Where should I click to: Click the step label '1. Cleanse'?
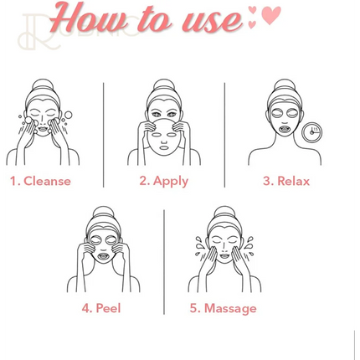click(40, 181)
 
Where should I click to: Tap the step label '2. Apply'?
click(164, 182)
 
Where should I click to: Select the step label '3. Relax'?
click(286, 181)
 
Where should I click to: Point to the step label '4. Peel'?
click(101, 308)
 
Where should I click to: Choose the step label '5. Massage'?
click(223, 309)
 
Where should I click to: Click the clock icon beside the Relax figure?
click(312, 132)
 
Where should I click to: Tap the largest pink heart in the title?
click(271, 15)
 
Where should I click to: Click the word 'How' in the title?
click(89, 18)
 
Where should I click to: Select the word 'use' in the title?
click(212, 20)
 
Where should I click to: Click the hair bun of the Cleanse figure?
click(43, 85)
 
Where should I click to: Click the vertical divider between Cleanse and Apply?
click(104, 135)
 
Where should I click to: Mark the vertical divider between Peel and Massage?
click(164, 262)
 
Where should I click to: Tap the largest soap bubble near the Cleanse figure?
click(68, 115)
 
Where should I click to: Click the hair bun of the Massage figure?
click(224, 212)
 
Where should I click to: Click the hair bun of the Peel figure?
click(104, 212)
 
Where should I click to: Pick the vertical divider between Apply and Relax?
click(224, 135)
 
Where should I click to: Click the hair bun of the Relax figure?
click(285, 85)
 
